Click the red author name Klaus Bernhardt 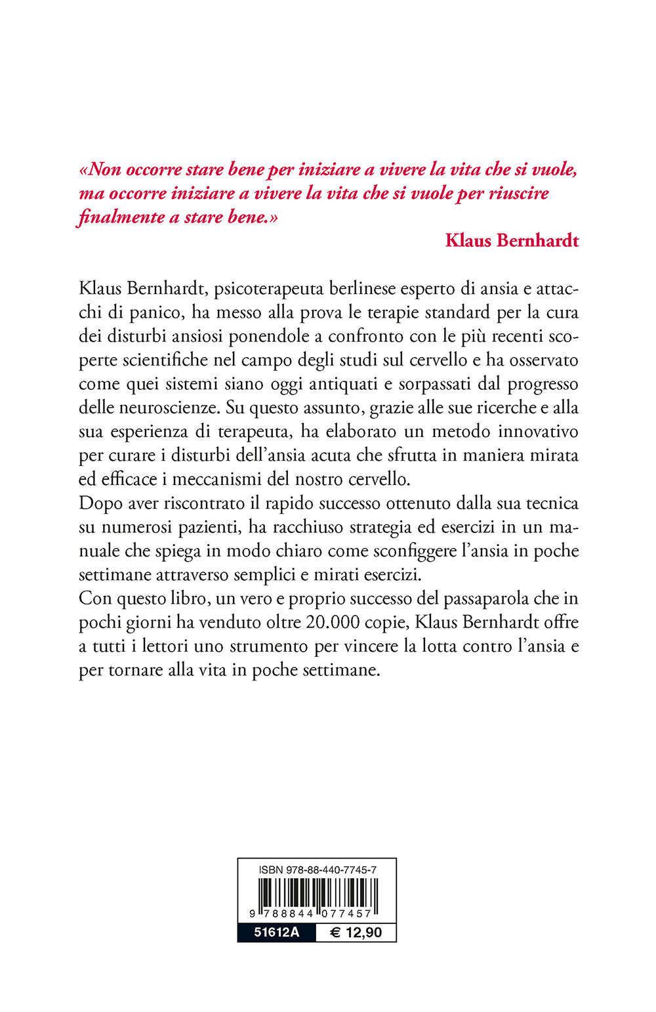pyautogui.click(x=512, y=240)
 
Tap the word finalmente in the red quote pyautogui.click(x=121, y=217)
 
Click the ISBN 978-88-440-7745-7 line pyautogui.click(x=317, y=870)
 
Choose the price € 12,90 pyautogui.click(x=356, y=933)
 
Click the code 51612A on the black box pyautogui.click(x=276, y=933)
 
